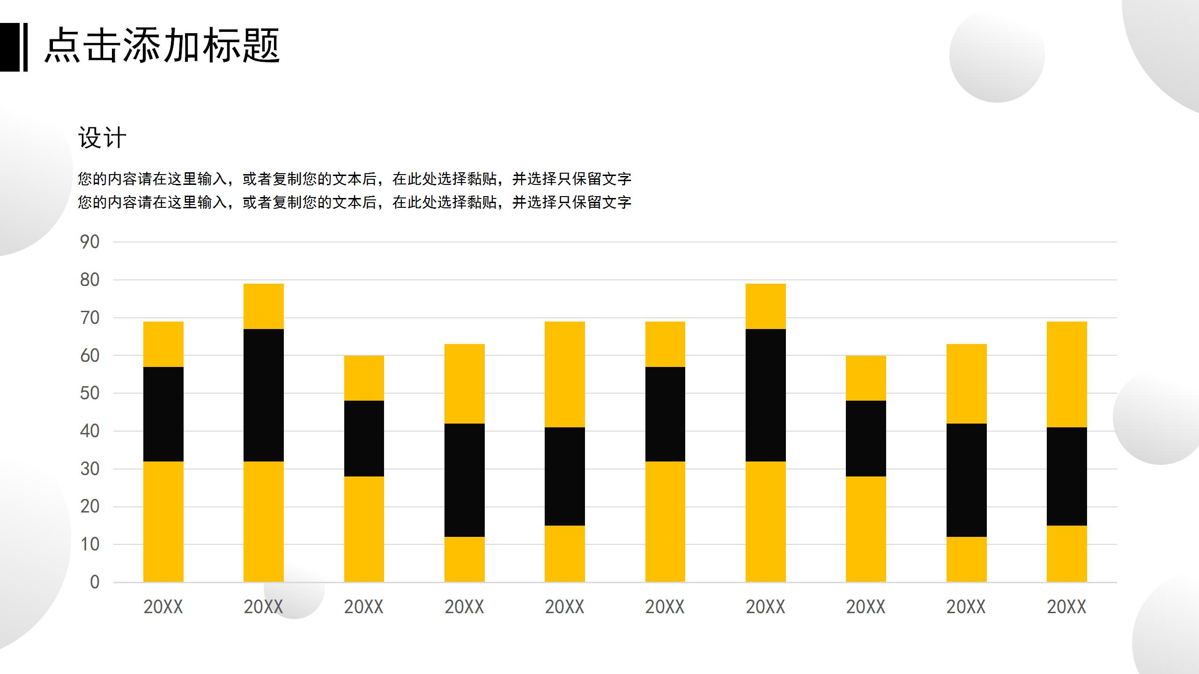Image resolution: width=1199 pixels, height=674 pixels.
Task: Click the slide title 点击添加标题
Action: [x=162, y=46]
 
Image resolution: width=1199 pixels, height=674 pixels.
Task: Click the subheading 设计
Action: [x=102, y=138]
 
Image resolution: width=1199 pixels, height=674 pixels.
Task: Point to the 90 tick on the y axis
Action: [x=89, y=242]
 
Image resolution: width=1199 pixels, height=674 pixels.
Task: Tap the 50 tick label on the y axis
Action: [x=89, y=393]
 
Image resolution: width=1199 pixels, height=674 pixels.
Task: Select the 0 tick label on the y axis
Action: [x=95, y=582]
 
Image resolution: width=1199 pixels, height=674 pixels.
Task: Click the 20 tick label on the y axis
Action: [x=89, y=506]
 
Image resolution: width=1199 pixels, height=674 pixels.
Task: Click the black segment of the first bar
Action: [x=163, y=414]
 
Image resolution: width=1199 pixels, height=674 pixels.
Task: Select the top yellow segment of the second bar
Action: [x=263, y=306]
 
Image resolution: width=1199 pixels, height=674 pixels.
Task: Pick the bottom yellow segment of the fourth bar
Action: [x=464, y=559]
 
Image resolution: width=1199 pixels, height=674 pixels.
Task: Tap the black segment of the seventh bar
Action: [x=765, y=395]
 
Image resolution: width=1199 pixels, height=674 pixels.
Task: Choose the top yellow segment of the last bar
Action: [x=1066, y=374]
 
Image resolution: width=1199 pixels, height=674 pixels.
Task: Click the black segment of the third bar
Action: [x=364, y=438]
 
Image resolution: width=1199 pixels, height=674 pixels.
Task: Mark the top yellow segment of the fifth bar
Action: [x=564, y=374]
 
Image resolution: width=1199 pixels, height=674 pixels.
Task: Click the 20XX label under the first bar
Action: [x=163, y=607]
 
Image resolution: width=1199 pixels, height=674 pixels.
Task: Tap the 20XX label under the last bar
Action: [x=1066, y=607]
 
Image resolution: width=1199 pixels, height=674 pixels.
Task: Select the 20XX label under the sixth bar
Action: [x=665, y=607]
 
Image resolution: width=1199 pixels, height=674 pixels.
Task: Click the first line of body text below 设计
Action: [x=354, y=179]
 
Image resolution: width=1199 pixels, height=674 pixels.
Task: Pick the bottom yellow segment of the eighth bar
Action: [x=866, y=529]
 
